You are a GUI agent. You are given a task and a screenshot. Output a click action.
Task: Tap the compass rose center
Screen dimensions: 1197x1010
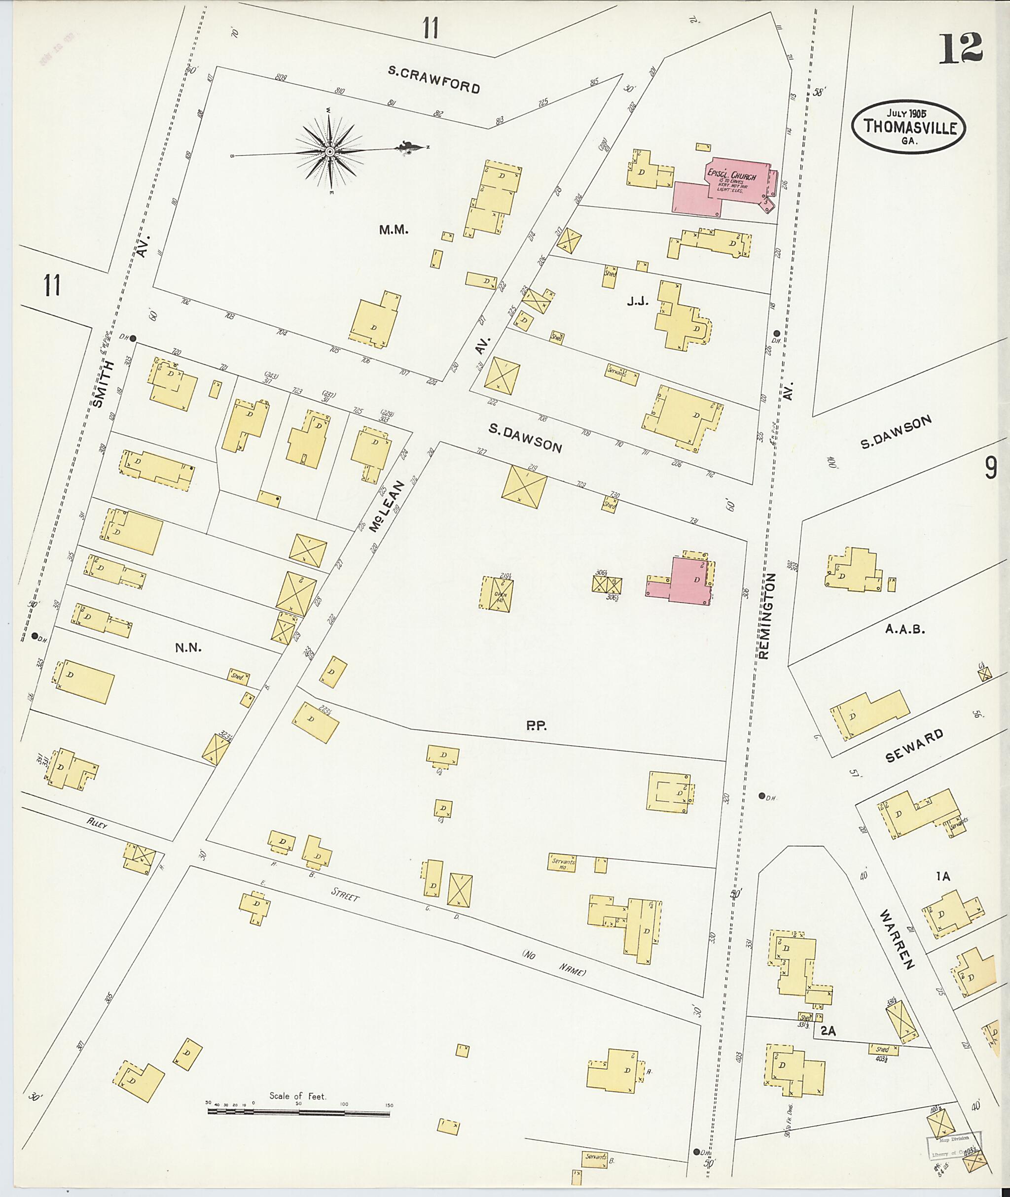coord(330,151)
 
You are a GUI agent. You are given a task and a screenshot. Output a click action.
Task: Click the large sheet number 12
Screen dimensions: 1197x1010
coord(960,48)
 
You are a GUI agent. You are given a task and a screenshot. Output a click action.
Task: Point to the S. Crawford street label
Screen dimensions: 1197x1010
coord(433,79)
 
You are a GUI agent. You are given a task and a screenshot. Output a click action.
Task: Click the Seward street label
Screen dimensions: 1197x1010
coord(914,746)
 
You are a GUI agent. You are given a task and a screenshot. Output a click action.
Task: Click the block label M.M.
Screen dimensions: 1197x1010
coord(394,230)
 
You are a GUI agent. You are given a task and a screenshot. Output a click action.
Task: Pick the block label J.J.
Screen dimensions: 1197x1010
coord(637,302)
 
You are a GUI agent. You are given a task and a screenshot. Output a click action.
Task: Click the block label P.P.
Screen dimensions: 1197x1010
coord(537,726)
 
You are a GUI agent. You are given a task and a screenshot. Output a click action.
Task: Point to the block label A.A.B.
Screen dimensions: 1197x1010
coord(905,629)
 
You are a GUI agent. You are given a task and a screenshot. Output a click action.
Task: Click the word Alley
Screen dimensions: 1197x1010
coord(97,823)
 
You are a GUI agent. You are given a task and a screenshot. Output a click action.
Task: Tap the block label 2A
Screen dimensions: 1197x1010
coord(829,1031)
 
